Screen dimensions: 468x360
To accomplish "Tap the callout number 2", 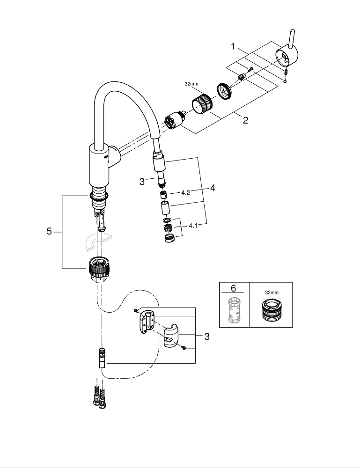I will [245, 120].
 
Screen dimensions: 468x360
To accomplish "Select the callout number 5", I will [49, 232].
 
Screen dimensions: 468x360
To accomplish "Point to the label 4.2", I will [185, 192].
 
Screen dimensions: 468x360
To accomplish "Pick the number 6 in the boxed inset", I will [234, 289].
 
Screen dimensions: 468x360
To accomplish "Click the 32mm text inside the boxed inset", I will [271, 292].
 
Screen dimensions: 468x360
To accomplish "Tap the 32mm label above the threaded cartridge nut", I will [191, 84].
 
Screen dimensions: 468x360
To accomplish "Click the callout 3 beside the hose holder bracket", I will [206, 336].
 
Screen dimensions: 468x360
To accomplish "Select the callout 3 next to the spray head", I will [142, 182].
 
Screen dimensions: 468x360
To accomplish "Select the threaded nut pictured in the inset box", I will [271, 311].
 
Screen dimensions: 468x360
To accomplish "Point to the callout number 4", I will [213, 189].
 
